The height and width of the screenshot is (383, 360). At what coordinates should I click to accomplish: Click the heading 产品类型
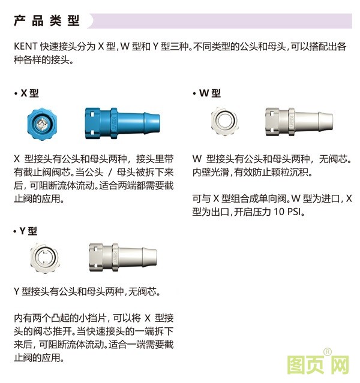[x=47, y=21]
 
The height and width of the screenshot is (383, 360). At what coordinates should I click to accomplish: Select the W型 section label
[x=210, y=94]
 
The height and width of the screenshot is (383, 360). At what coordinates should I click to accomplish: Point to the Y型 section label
[x=28, y=231]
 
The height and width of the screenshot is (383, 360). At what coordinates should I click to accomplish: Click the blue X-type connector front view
[x=40, y=123]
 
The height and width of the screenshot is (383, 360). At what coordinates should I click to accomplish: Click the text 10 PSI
[x=291, y=212]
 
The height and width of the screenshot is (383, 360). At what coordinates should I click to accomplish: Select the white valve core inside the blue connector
[x=40, y=123]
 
